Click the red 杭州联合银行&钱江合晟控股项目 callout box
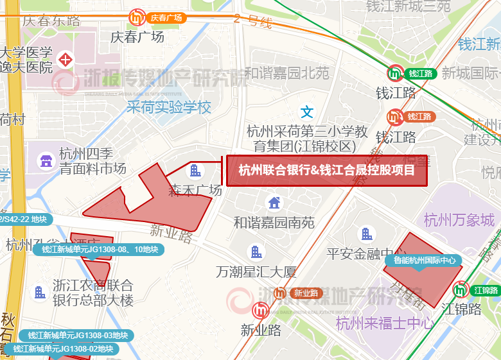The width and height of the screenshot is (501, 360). [x=327, y=171]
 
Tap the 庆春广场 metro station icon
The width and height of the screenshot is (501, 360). [x=137, y=18]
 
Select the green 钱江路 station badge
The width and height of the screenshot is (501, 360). [x=395, y=74]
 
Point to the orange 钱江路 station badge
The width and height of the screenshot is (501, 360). [x=394, y=117]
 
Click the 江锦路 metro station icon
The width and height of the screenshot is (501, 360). [x=461, y=290]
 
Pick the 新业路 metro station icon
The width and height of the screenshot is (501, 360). [x=281, y=293]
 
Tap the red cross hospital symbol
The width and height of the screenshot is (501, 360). [x=66, y=60]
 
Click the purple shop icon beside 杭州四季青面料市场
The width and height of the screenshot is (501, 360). [x=46, y=160]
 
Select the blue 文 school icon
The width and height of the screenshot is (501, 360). [x=307, y=112]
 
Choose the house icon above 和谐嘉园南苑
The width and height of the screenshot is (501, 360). [x=274, y=203]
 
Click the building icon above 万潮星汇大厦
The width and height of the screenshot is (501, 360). [x=256, y=252]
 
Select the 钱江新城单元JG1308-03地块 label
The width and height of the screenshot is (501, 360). [x=77, y=335]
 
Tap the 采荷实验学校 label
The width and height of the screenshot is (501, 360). [x=169, y=107]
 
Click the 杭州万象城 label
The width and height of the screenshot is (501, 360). [x=459, y=221]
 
